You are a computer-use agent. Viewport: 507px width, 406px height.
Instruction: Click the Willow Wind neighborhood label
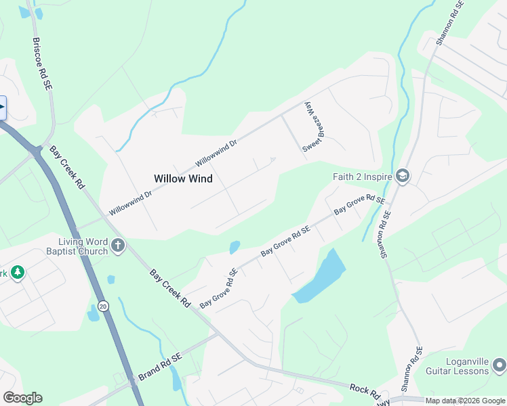coord(183,179)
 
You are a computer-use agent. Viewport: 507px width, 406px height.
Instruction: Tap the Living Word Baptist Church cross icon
coord(118,245)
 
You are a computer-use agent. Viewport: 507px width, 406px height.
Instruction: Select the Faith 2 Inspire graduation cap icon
coord(403,177)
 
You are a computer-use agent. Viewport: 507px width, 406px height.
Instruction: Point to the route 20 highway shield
coord(102,305)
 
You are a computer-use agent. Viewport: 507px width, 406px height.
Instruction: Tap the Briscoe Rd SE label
coord(43,64)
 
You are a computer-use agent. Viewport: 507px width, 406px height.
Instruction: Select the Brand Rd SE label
coord(161,365)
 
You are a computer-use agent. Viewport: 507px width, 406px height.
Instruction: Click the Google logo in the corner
coord(22,398)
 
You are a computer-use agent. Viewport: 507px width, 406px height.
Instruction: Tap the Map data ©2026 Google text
coord(465,401)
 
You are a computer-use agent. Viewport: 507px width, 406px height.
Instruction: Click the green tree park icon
coord(17,273)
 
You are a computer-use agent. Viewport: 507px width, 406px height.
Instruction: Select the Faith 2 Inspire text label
coord(362,177)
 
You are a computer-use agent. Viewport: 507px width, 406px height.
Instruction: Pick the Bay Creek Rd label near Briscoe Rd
coord(66,166)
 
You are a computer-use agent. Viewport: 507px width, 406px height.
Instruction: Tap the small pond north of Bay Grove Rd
coord(235,247)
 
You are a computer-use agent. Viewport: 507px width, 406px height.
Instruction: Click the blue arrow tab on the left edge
coord(3,108)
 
